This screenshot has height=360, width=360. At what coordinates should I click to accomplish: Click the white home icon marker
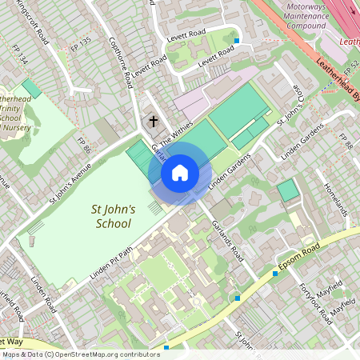click(x=180, y=172)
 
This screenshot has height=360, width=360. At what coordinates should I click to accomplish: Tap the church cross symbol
click(x=152, y=122)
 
